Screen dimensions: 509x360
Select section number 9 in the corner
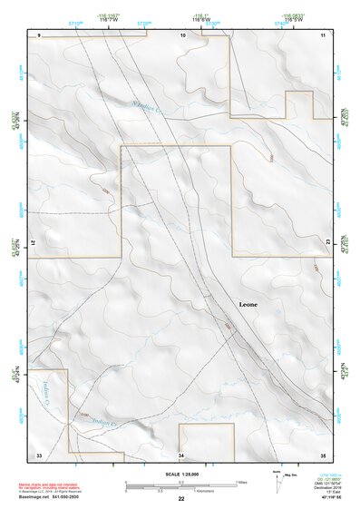pyautogui.click(x=40, y=34)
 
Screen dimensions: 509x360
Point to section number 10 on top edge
pyautogui.click(x=183, y=34)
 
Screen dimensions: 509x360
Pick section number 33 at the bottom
pyautogui.click(x=39, y=454)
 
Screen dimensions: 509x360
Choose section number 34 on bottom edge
pyautogui.click(x=181, y=454)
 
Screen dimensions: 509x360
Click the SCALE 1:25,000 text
pyautogui.click(x=181, y=475)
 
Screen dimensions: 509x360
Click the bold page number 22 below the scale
pyautogui.click(x=181, y=500)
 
